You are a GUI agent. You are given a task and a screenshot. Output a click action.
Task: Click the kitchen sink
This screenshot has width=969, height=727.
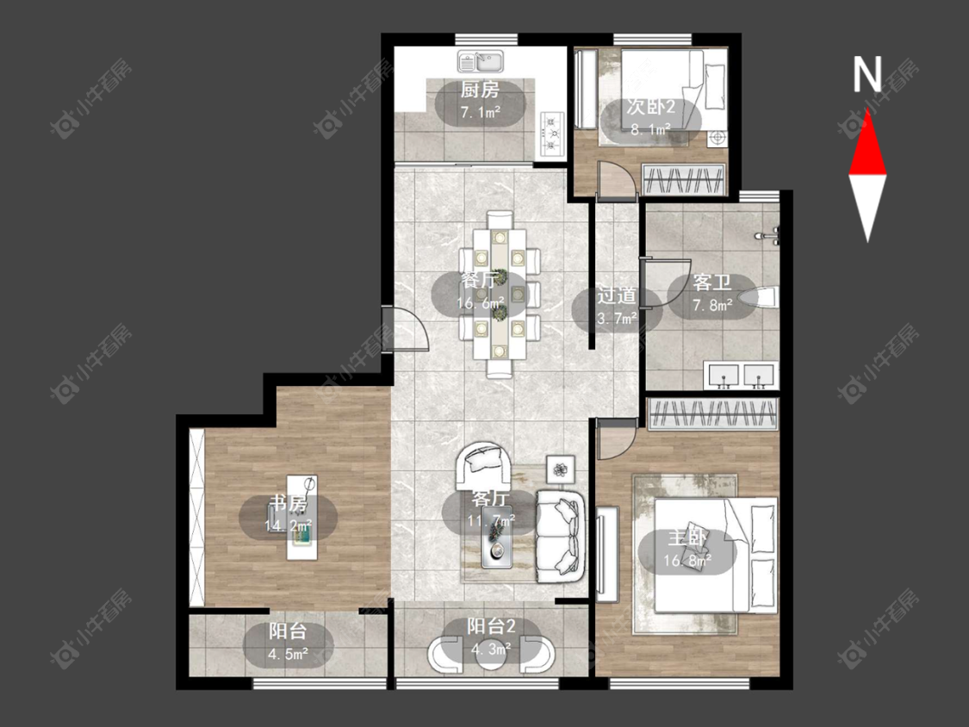click(481, 62)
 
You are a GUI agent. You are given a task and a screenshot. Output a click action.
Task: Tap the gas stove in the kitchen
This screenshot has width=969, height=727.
click(553, 133)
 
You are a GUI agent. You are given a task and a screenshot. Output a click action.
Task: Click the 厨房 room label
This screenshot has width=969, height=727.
click(480, 90)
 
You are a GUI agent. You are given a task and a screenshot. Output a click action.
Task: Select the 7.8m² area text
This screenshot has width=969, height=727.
click(712, 304)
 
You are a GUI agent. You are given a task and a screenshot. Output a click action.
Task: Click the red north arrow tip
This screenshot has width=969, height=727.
click(867, 110)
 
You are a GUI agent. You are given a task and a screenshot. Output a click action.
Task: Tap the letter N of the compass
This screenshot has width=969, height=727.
click(867, 74)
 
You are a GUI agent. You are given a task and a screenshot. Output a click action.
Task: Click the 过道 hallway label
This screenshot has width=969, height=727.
click(616, 295)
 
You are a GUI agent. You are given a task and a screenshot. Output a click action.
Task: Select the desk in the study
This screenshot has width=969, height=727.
click(302, 518)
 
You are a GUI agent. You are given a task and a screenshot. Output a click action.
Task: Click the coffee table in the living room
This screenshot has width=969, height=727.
click(498, 537)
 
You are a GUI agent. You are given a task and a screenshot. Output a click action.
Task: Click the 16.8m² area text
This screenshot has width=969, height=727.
click(687, 561)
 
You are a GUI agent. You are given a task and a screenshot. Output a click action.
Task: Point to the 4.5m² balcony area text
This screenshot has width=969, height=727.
click(289, 654)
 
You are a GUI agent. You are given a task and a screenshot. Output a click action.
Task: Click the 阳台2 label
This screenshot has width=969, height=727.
click(491, 627)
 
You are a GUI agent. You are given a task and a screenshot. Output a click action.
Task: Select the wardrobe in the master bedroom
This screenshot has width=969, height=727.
click(712, 413)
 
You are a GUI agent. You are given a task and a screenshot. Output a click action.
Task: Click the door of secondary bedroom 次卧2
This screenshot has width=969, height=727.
click(616, 179)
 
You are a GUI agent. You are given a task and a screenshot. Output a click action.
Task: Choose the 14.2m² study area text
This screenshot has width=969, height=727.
click(288, 526)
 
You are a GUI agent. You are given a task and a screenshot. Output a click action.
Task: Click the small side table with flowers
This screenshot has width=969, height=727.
click(561, 469)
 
